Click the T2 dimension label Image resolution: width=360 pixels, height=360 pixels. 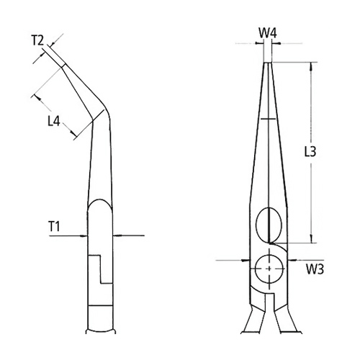(40, 40)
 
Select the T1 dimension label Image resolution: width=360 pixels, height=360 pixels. (54, 226)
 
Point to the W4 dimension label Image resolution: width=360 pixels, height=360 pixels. (268, 33)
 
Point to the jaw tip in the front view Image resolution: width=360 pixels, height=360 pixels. (268, 65)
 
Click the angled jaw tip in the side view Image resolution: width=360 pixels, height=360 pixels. (64, 64)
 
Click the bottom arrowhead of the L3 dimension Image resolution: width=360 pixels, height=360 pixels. (311, 243)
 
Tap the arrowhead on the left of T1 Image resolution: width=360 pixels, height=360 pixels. (84, 235)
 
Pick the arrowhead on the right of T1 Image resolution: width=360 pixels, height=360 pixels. (119, 235)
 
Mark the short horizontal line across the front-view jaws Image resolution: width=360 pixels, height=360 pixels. (268, 119)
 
